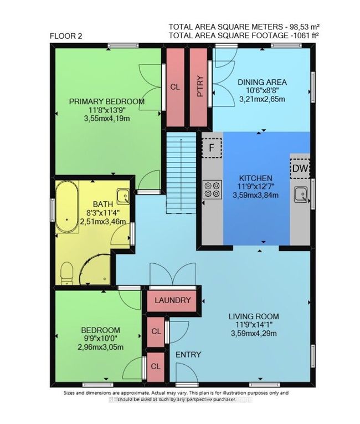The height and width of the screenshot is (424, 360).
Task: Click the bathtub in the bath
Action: [67, 206]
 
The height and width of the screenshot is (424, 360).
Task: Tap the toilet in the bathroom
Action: [67, 273]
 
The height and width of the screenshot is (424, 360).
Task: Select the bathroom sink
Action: [123, 196]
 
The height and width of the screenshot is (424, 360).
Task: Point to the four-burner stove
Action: [213, 190]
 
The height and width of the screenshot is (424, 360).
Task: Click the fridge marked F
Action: [212, 147]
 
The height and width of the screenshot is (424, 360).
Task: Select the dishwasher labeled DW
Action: [300, 168]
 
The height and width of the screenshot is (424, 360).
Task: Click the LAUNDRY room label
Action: [173, 300]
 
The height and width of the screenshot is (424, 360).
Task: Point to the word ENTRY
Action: [188, 355]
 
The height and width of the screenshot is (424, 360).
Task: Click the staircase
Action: [181, 173]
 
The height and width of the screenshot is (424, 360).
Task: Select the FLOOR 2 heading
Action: [66, 36]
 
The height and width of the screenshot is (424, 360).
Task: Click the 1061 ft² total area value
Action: [305, 35]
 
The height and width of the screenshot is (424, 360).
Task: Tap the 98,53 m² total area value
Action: [305, 27]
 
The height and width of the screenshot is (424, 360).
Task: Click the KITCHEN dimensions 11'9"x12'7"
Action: [256, 187]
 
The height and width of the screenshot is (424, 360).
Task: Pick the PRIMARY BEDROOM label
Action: [107, 101]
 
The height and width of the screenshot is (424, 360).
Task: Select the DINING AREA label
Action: [262, 82]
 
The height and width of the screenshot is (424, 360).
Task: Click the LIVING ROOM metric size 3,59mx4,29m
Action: [254, 334]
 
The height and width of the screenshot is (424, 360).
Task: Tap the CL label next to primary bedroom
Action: [175, 87]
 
